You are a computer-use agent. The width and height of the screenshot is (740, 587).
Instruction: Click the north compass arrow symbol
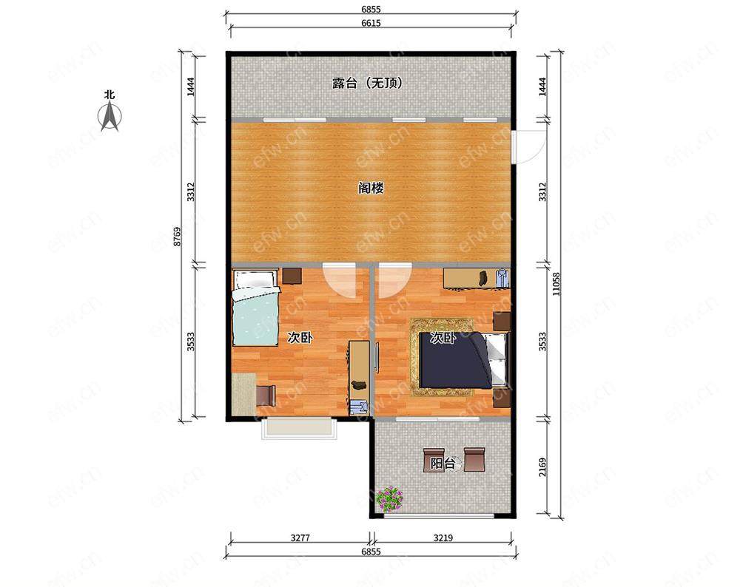pyautogui.click(x=110, y=117)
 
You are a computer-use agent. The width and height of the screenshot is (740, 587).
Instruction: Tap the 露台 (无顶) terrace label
pyautogui.click(x=368, y=84)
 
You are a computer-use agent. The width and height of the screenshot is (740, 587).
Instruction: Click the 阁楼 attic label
pyautogui.click(x=371, y=188)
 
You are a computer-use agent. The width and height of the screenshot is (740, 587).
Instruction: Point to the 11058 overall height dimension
pyautogui.click(x=557, y=285)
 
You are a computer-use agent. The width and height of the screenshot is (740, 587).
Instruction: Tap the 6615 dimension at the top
pyautogui.click(x=371, y=23)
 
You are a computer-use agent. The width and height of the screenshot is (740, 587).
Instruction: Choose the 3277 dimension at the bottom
pyautogui.click(x=300, y=537)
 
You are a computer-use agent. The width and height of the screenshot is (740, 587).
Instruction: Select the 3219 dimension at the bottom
pyautogui.click(x=443, y=537)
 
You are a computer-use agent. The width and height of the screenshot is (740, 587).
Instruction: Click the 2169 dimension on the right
pyautogui.click(x=542, y=466)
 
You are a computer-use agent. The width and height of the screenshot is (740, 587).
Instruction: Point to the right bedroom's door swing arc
pyautogui.click(x=395, y=283)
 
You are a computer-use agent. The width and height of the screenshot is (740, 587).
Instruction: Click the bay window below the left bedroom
pyautogui.click(x=300, y=428)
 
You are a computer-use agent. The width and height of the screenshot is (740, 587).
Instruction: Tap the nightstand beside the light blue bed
pyautogui.click(x=292, y=276)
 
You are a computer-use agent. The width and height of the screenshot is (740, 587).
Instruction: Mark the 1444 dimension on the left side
pyautogui.click(x=190, y=86)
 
